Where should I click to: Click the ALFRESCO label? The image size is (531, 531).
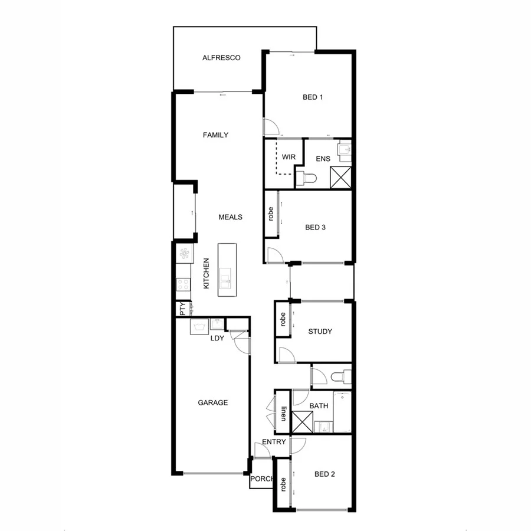click(221, 58)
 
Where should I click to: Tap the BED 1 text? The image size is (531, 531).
click(313, 97)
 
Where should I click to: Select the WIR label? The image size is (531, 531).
click(289, 157)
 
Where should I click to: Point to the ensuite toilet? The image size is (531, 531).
click(307, 178)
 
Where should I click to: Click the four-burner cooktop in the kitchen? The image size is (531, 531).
click(183, 285)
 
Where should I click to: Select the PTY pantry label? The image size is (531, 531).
click(182, 307)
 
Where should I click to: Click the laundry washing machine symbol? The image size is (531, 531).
click(198, 327)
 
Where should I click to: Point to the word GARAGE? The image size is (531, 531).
click(212, 403)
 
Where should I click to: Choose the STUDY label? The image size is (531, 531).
click(320, 332)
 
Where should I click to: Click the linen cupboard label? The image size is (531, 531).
click(283, 412)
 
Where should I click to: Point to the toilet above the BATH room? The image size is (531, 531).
click(341, 376)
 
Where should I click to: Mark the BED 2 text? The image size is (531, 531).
click(324, 474)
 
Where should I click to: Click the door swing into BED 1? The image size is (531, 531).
click(271, 126)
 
